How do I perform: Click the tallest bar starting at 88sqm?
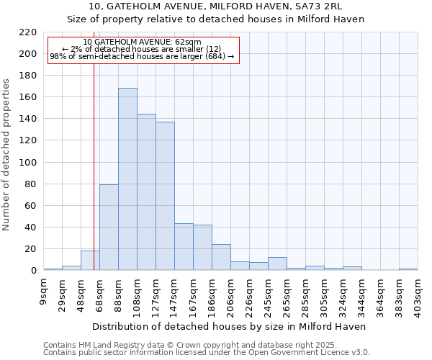tap(127, 179)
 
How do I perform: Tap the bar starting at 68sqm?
tap(109, 228)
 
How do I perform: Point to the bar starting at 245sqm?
tap(277, 264)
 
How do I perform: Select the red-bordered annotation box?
tap(143, 50)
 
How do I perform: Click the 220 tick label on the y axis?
tap(29, 32)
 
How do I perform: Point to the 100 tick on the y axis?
tap(29, 163)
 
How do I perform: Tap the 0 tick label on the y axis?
tap(34, 271)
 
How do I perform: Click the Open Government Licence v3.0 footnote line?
tap(207, 353)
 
